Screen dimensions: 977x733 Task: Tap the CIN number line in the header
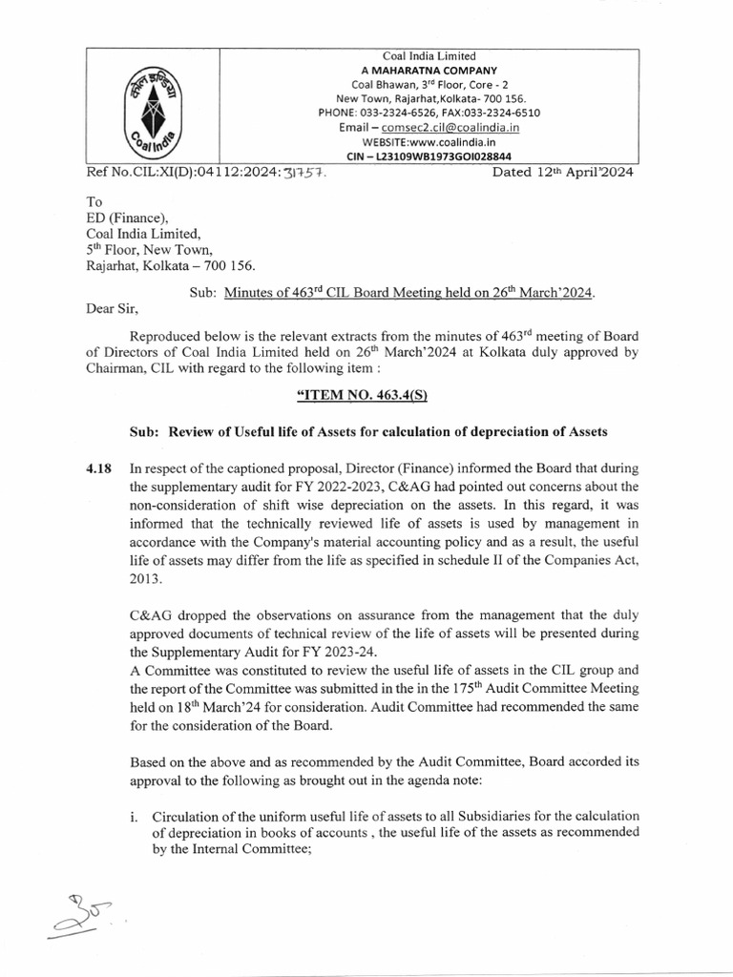click(428, 156)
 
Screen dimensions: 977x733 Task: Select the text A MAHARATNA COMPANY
click(429, 71)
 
